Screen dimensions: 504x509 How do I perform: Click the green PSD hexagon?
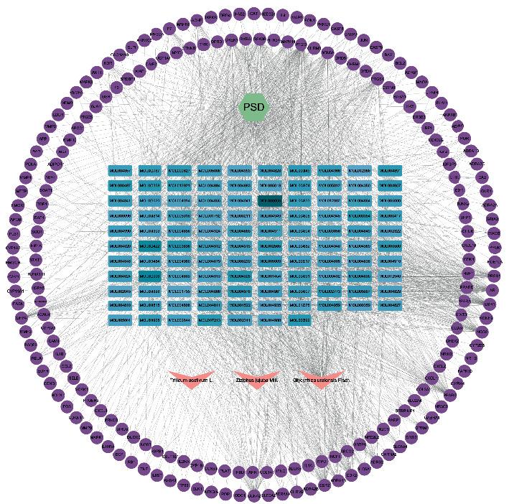tap(253, 108)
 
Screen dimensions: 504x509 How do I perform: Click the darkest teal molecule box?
tap(269, 201)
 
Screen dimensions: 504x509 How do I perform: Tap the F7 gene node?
tap(170, 29)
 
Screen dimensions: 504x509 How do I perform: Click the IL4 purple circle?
tap(284, 15)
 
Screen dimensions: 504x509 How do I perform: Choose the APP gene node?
tap(42, 138)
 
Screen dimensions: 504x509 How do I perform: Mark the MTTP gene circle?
tap(21, 192)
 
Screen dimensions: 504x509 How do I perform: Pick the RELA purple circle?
tap(37, 357)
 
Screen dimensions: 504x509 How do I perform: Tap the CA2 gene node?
tap(482, 177)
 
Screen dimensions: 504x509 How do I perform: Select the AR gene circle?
tap(492, 290)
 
